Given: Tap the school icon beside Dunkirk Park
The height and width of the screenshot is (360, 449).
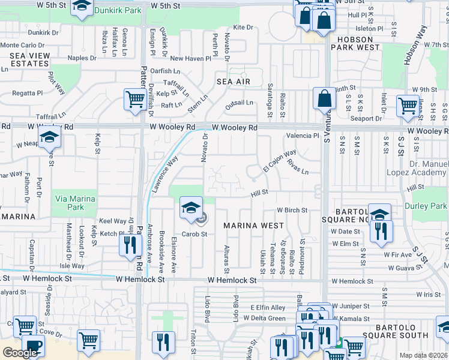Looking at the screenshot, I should click(81, 8).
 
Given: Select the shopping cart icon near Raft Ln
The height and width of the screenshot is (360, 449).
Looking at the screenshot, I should click(134, 100).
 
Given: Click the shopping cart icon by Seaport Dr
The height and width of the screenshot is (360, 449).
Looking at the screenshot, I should click(408, 106).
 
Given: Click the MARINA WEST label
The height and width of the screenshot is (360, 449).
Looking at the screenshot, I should click(253, 226).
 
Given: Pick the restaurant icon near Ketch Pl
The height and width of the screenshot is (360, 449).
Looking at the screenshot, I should click(130, 244).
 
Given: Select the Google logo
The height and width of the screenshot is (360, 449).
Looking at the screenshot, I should click(20, 352).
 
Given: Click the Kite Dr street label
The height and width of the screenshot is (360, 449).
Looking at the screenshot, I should click(243, 28).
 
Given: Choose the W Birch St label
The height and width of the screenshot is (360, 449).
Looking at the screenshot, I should click(292, 210).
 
